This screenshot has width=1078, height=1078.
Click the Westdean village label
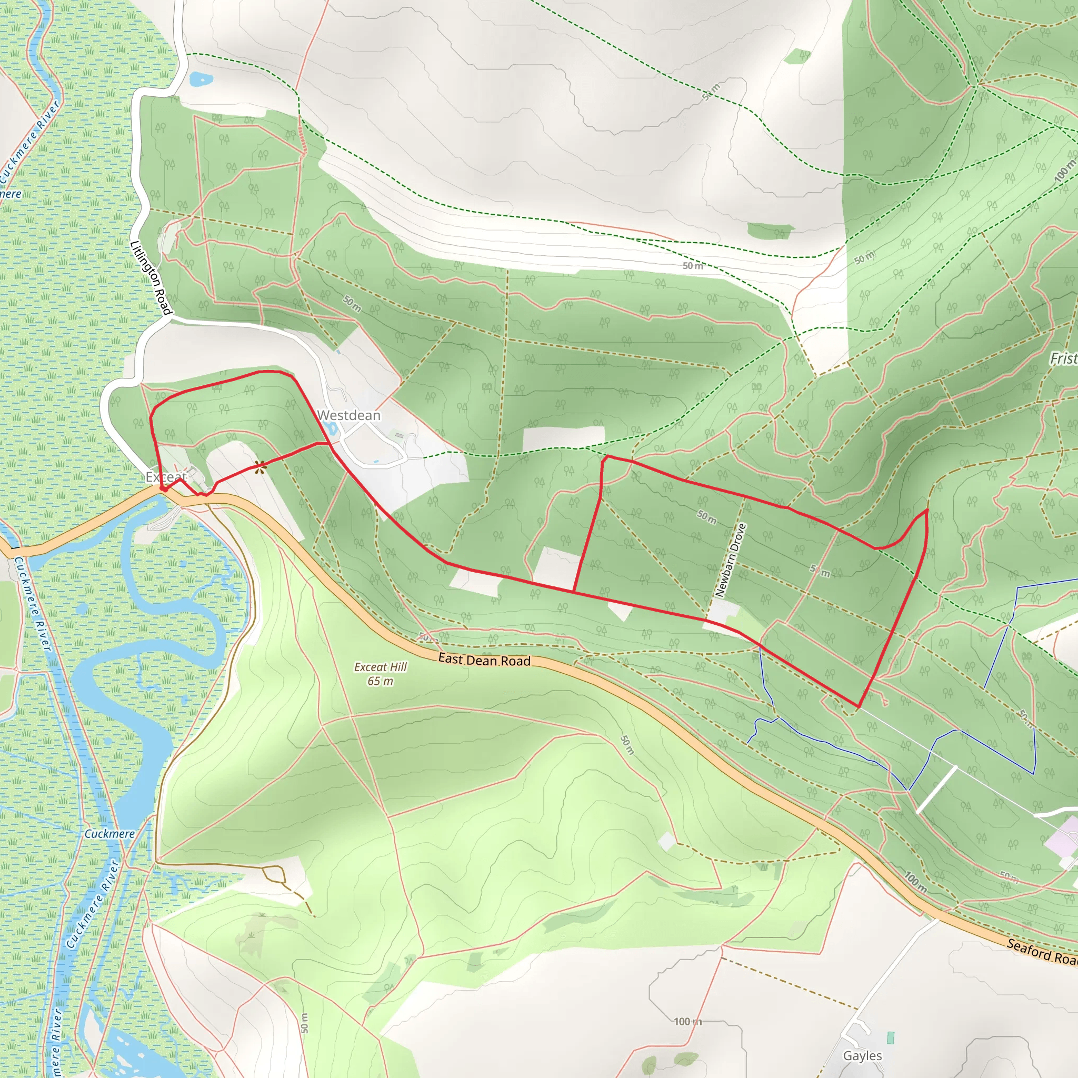(349, 415)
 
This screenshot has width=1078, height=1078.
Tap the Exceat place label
(166, 476)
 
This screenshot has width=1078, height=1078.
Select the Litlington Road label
(150, 277)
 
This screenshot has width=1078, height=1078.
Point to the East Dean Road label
(484, 660)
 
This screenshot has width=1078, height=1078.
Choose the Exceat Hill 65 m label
(381, 673)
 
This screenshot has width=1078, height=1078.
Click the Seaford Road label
(1041, 951)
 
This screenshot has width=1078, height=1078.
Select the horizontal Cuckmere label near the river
(109, 834)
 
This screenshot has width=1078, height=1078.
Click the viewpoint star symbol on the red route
(259, 466)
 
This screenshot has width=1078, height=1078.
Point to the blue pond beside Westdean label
(331, 428)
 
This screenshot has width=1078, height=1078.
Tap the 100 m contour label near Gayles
(687, 1022)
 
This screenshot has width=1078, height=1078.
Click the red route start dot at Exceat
(164, 488)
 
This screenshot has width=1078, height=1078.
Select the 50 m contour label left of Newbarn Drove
(706, 517)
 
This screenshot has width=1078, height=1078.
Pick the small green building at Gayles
(890, 1038)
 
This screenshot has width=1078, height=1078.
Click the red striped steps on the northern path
(303, 139)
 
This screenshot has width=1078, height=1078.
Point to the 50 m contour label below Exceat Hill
(627, 745)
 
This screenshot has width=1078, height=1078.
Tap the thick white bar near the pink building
(936, 790)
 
